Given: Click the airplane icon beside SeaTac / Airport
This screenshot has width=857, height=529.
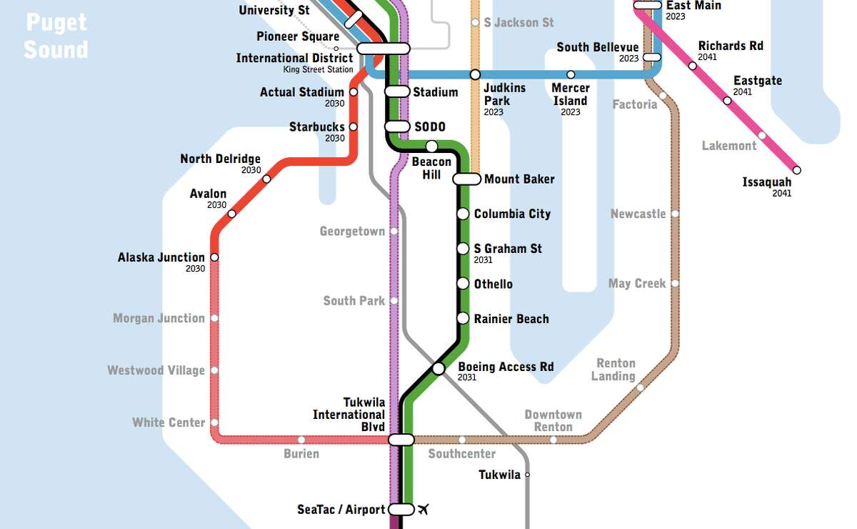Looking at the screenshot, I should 424,510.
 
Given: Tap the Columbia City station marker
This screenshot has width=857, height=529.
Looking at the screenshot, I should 463,214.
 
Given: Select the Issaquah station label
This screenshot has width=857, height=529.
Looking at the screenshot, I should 767,182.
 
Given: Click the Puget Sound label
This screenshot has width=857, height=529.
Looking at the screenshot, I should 56,36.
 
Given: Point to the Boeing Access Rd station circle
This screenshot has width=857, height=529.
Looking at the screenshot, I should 438,369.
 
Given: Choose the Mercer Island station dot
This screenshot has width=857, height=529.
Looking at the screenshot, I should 571,75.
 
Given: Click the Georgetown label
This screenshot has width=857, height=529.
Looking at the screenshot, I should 352,232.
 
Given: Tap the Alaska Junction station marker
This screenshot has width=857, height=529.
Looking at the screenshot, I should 214,257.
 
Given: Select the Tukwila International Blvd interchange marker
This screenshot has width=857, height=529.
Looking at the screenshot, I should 401,440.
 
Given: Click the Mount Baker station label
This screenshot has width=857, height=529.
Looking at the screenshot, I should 519,179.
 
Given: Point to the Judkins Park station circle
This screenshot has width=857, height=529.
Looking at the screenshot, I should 475,75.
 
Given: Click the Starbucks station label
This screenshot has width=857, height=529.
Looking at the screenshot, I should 316,127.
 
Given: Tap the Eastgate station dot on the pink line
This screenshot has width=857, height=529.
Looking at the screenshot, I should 727,101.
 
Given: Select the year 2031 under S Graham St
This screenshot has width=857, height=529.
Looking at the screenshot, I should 483,260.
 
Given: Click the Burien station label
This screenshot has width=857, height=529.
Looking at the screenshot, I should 301,453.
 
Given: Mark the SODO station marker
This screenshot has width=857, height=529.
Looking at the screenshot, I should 397,127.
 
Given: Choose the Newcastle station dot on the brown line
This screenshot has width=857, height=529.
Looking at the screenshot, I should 675,214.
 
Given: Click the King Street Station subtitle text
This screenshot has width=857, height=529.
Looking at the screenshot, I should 318,69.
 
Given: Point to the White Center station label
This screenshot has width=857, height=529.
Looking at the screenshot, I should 169,422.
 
